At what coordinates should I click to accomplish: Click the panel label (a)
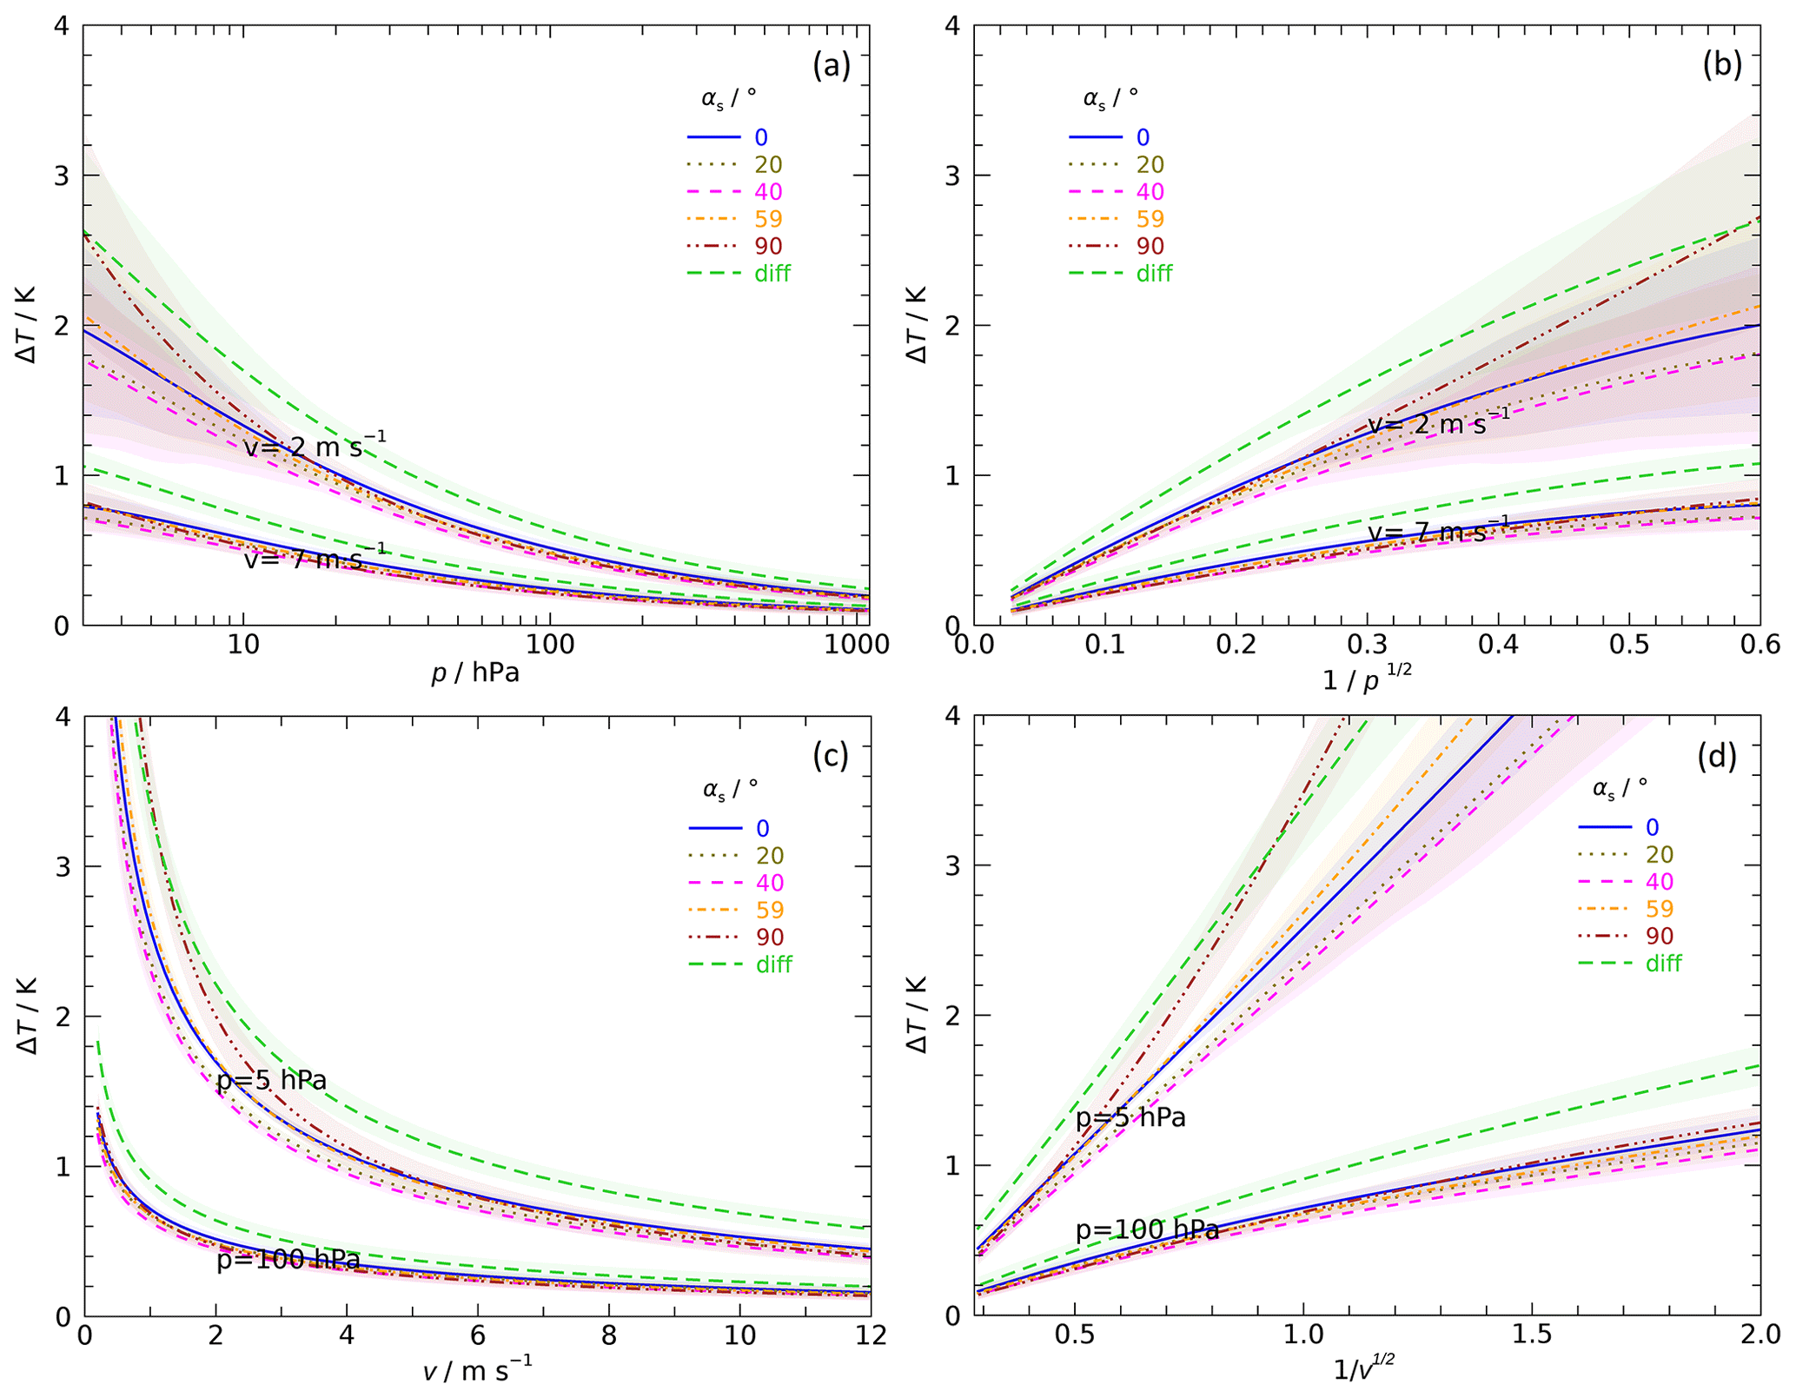point(831,66)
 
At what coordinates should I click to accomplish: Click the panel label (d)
point(1717,758)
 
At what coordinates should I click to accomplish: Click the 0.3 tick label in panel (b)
point(1367,645)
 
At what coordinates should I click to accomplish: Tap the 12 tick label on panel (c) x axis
point(870,1335)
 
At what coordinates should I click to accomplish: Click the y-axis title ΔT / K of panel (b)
point(917,324)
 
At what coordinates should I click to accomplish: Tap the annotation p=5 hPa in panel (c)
point(272,1081)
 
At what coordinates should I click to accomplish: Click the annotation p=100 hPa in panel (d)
point(1147,1230)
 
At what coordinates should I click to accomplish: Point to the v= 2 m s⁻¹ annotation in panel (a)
point(315,446)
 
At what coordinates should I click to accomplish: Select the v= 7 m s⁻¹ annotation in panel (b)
point(1439,532)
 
